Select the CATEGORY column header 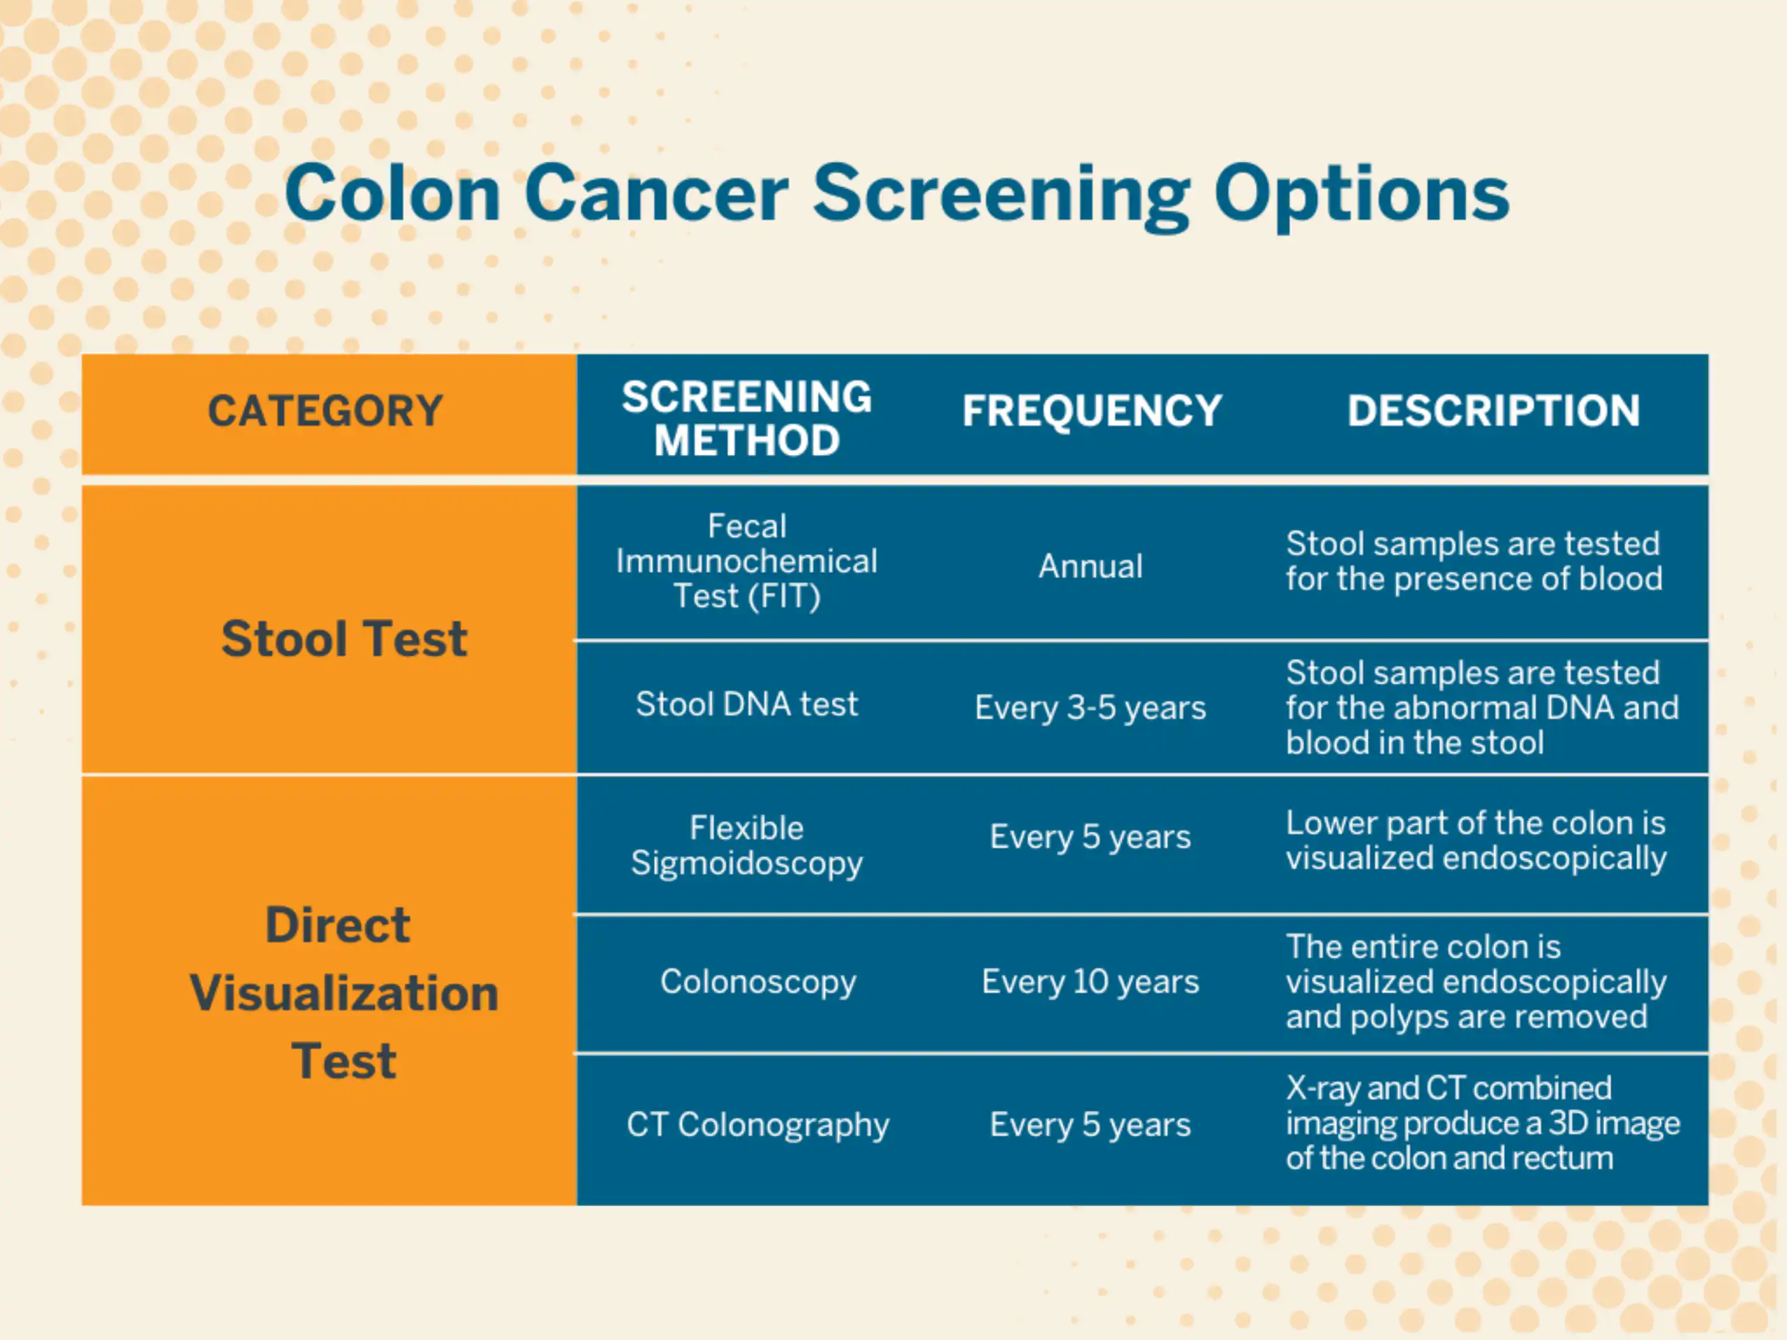click(325, 411)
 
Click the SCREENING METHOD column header click(746, 418)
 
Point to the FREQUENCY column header click(1092, 411)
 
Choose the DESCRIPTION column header click(1493, 411)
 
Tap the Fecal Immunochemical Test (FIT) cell click(746, 561)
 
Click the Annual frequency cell click(1090, 566)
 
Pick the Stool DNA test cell click(746, 704)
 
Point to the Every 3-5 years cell click(1090, 708)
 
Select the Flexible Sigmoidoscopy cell click(746, 846)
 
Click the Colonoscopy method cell click(758, 982)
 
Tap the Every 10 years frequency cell click(1090, 982)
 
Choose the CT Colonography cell click(758, 1125)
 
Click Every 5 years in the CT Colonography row click(1090, 1125)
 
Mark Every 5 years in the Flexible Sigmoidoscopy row click(1090, 837)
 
